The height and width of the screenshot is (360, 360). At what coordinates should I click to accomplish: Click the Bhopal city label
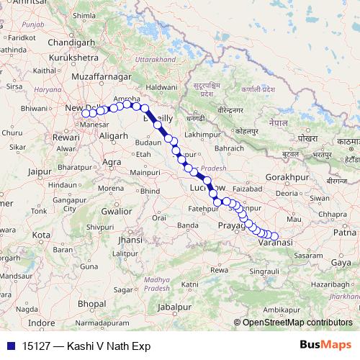coord(91,305)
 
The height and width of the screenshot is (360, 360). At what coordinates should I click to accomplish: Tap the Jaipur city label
coord(41,171)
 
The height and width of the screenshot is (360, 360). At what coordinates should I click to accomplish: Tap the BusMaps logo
coord(326,346)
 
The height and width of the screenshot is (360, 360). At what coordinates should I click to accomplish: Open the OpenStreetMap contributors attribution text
coord(297,323)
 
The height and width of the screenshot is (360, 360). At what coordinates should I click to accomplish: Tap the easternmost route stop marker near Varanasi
coord(274,235)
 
